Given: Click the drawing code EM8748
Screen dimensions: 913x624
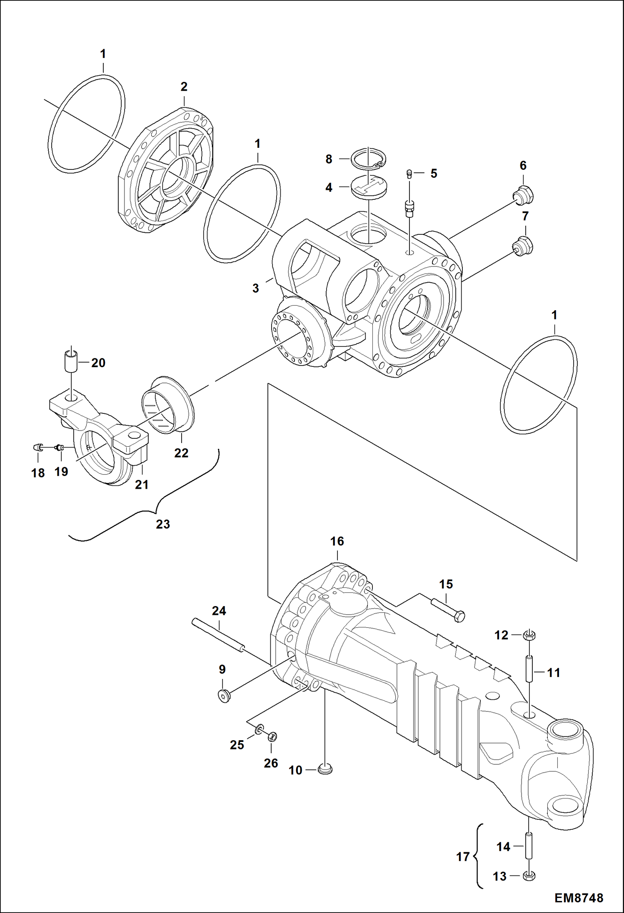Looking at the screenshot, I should [x=579, y=898].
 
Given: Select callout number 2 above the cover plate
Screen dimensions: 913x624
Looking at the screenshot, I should [x=184, y=87].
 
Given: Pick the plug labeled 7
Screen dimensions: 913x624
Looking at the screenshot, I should [x=523, y=246].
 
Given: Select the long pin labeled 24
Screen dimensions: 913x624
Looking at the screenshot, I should [x=218, y=635].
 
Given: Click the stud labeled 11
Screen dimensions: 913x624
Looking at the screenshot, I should [x=529, y=668].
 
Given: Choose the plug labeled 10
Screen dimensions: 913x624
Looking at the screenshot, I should [x=325, y=769].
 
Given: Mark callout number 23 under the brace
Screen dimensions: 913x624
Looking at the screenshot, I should [x=163, y=524].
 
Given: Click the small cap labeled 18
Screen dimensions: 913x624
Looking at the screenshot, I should [x=37, y=448].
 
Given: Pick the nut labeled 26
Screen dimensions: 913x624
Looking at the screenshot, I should [x=272, y=736].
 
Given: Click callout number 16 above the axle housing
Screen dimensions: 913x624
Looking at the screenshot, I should [x=337, y=541].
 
